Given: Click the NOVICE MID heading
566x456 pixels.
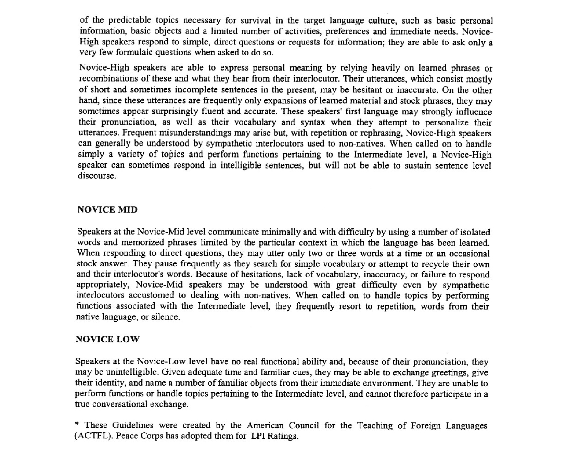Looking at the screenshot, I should [x=107, y=210].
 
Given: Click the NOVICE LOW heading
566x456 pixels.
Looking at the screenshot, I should [x=107, y=339].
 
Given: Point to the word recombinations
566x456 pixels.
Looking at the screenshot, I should [x=109, y=79].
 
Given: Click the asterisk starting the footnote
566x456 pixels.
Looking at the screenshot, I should [x=77, y=425].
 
